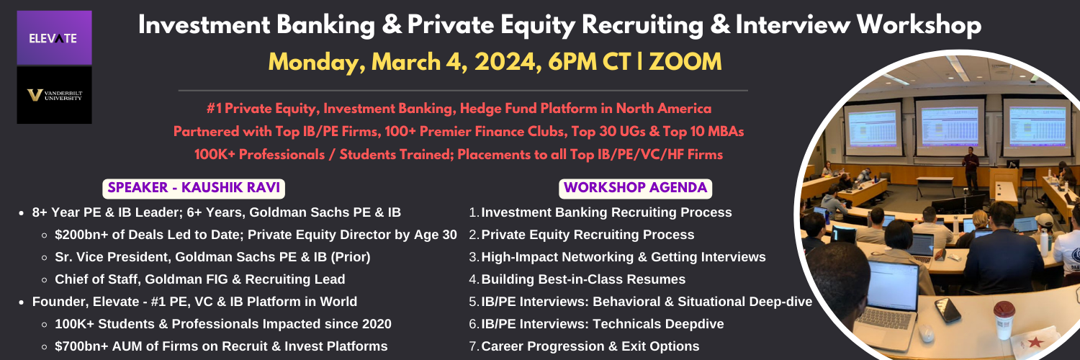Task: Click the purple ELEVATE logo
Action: click(54, 37)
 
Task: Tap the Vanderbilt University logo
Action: click(54, 95)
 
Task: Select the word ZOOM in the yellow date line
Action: click(685, 62)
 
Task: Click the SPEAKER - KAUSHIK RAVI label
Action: click(194, 188)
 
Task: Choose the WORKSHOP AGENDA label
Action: click(636, 188)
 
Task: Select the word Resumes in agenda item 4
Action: click(662, 279)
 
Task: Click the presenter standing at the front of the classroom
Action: click(970, 168)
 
